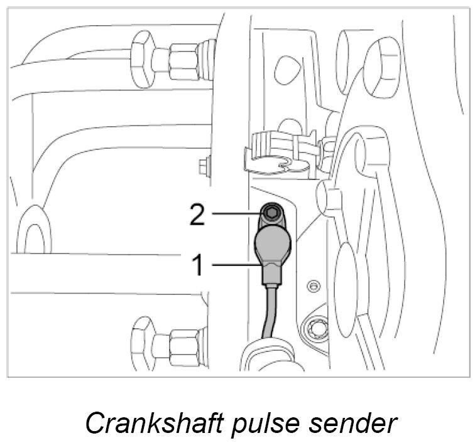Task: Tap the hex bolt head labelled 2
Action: [271, 214]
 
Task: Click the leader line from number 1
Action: [236, 265]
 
